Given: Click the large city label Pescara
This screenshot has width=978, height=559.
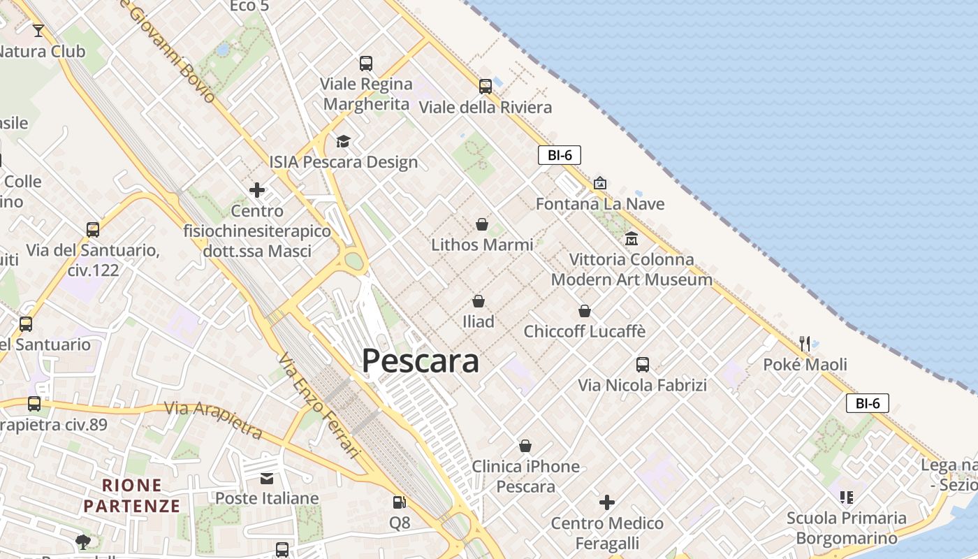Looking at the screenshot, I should point(420,361).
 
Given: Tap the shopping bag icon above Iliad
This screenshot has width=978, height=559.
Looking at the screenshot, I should point(479,301).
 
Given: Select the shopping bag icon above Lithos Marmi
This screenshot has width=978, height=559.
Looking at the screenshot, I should point(482,224).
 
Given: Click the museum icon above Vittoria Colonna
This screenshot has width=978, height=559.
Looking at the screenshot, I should point(632,239).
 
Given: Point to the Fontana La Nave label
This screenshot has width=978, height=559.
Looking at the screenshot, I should point(599,204).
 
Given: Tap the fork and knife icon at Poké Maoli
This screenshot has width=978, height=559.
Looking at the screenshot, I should point(805,343).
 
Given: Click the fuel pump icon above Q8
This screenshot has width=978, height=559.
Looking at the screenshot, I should point(399,502).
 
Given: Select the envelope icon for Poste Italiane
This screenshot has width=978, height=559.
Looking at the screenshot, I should point(267,478).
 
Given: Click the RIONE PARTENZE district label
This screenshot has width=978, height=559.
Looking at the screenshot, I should point(132,495).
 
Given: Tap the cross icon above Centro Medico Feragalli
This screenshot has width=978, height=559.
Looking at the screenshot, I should point(607,502).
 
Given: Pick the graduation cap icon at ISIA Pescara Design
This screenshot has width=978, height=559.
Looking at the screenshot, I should point(343,142).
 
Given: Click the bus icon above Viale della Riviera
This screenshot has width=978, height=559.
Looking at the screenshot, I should point(486,87).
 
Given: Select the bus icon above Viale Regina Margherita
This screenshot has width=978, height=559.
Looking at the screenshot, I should point(366,64).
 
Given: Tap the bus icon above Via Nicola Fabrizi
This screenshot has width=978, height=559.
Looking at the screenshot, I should point(643,364).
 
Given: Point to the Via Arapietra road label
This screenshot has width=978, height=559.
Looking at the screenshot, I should point(214,420).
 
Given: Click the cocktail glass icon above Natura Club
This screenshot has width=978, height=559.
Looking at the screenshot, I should point(38,31).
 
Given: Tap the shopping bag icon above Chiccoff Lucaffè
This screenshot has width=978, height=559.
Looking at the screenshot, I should point(585,311).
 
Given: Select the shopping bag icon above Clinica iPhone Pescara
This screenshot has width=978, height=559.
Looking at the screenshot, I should point(525,446).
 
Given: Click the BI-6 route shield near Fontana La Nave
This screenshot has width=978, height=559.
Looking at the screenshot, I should point(560,155).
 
